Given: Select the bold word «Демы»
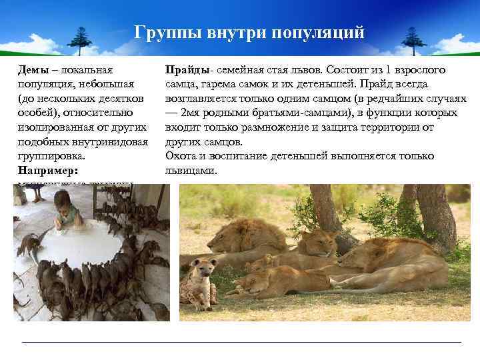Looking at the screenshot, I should pos(32,70).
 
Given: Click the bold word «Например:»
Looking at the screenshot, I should pos(45,171).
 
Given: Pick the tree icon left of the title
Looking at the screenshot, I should pos(82,41).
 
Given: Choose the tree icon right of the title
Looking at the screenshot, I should pos(413,41).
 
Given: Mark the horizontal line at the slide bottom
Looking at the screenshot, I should pos(240,343).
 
